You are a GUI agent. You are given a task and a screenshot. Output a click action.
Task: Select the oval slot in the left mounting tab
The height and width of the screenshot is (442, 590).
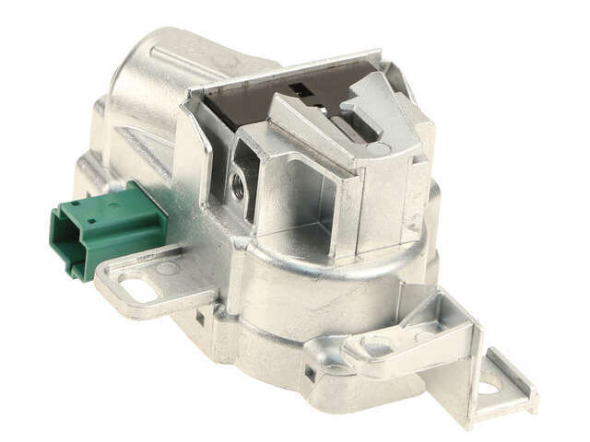(x=139, y=290)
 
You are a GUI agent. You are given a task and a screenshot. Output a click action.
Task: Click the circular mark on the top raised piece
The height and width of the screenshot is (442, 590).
(x=382, y=147)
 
